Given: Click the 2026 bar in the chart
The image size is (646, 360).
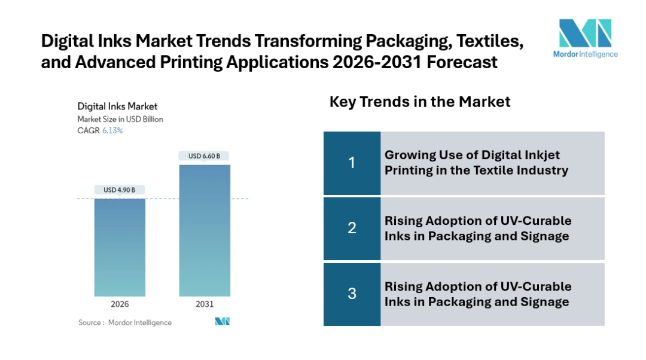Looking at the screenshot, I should click(120, 247).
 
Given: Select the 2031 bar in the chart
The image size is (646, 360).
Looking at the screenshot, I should click(205, 230).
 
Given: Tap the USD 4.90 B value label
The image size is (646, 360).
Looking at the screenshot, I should click(120, 190).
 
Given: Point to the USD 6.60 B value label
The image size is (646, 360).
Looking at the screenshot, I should click(205, 156).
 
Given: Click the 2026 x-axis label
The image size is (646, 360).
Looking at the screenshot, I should click(120, 304).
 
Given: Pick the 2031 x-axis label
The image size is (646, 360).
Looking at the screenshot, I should click(205, 304).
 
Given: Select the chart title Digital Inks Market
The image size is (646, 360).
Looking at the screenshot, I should click(118, 106).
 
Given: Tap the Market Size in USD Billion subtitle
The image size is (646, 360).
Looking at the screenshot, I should click(120, 119).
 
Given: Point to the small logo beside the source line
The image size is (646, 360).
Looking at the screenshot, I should click(223, 322).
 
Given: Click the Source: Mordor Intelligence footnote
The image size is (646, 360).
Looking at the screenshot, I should click(125, 322).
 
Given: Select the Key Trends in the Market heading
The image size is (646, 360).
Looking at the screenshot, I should click(420, 102).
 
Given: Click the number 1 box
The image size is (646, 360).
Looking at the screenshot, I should click(352, 163).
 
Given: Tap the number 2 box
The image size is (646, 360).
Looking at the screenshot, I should click(352, 228).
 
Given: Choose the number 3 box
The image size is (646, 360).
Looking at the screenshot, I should click(352, 294).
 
